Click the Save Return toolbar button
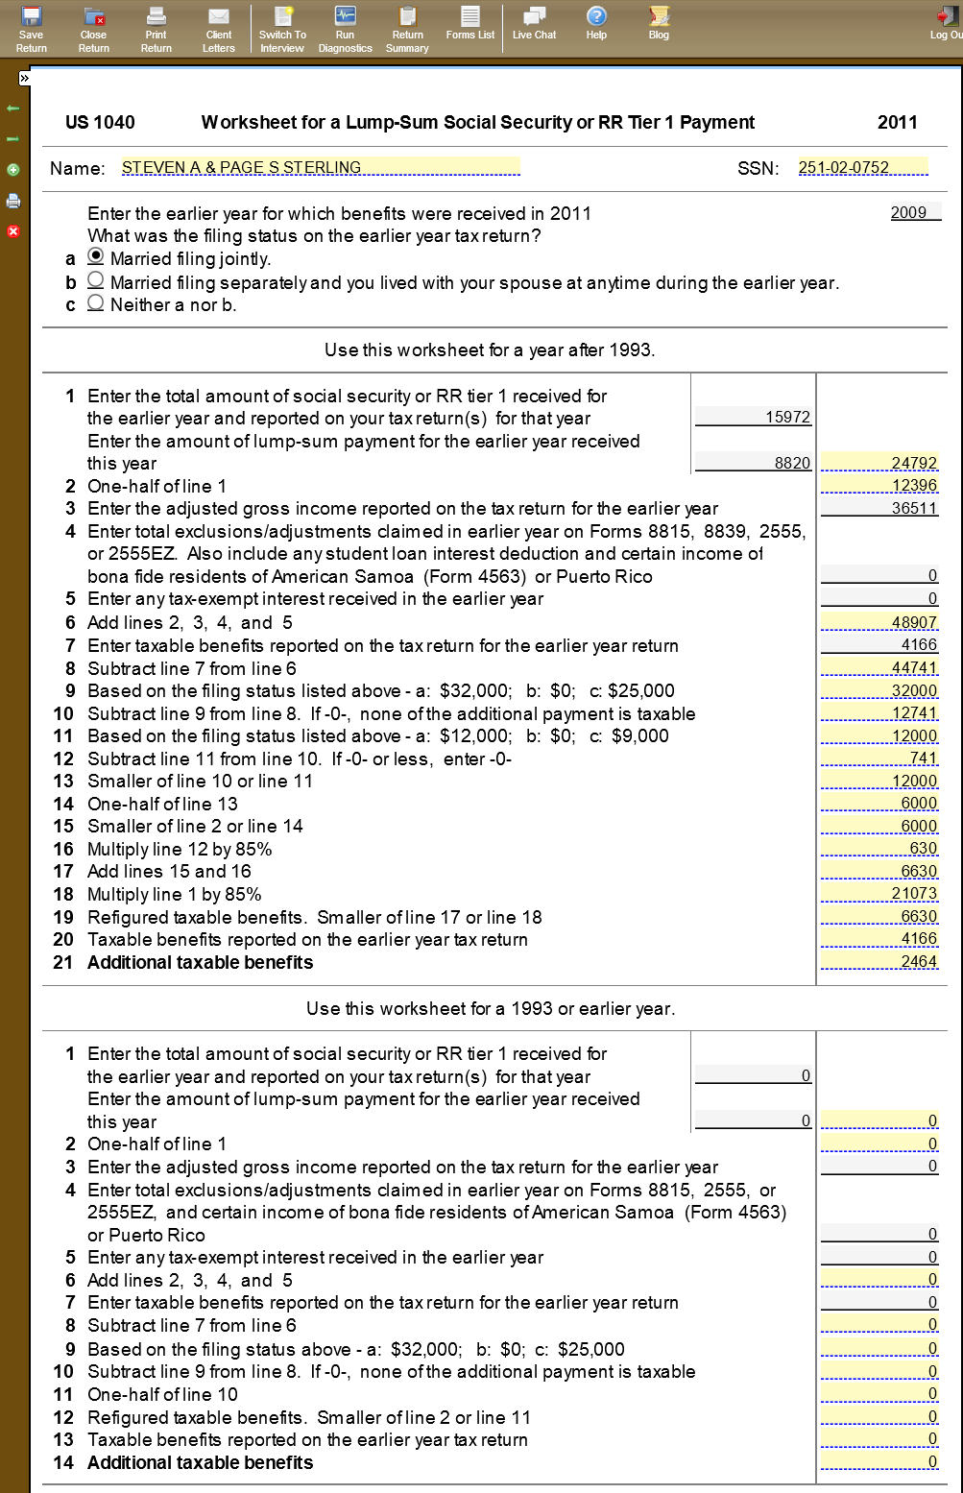(x=31, y=29)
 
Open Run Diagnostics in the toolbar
(x=345, y=29)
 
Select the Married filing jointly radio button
(x=96, y=257)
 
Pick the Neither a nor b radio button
(x=96, y=303)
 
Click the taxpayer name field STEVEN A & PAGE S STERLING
(x=320, y=168)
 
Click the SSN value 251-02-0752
(x=862, y=168)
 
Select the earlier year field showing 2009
(x=911, y=212)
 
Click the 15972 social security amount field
(x=754, y=417)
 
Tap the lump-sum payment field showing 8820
(x=754, y=463)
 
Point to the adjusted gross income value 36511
(x=880, y=508)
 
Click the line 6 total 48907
(x=880, y=622)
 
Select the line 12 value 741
(x=880, y=759)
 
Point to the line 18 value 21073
(x=880, y=894)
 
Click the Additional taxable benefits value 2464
(x=880, y=962)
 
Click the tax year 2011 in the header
(x=897, y=122)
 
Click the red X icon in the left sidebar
(x=13, y=231)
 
